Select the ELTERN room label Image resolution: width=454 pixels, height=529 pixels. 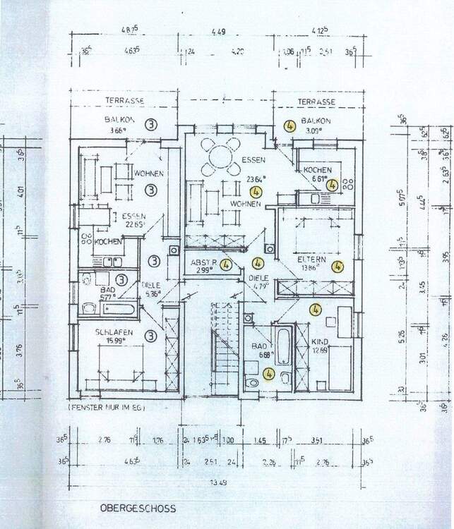tap(311, 260)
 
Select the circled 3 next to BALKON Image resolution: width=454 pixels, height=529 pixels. tap(150, 124)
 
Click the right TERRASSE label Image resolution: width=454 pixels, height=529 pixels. tap(316, 102)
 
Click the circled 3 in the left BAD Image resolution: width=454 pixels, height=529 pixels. tap(121, 279)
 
